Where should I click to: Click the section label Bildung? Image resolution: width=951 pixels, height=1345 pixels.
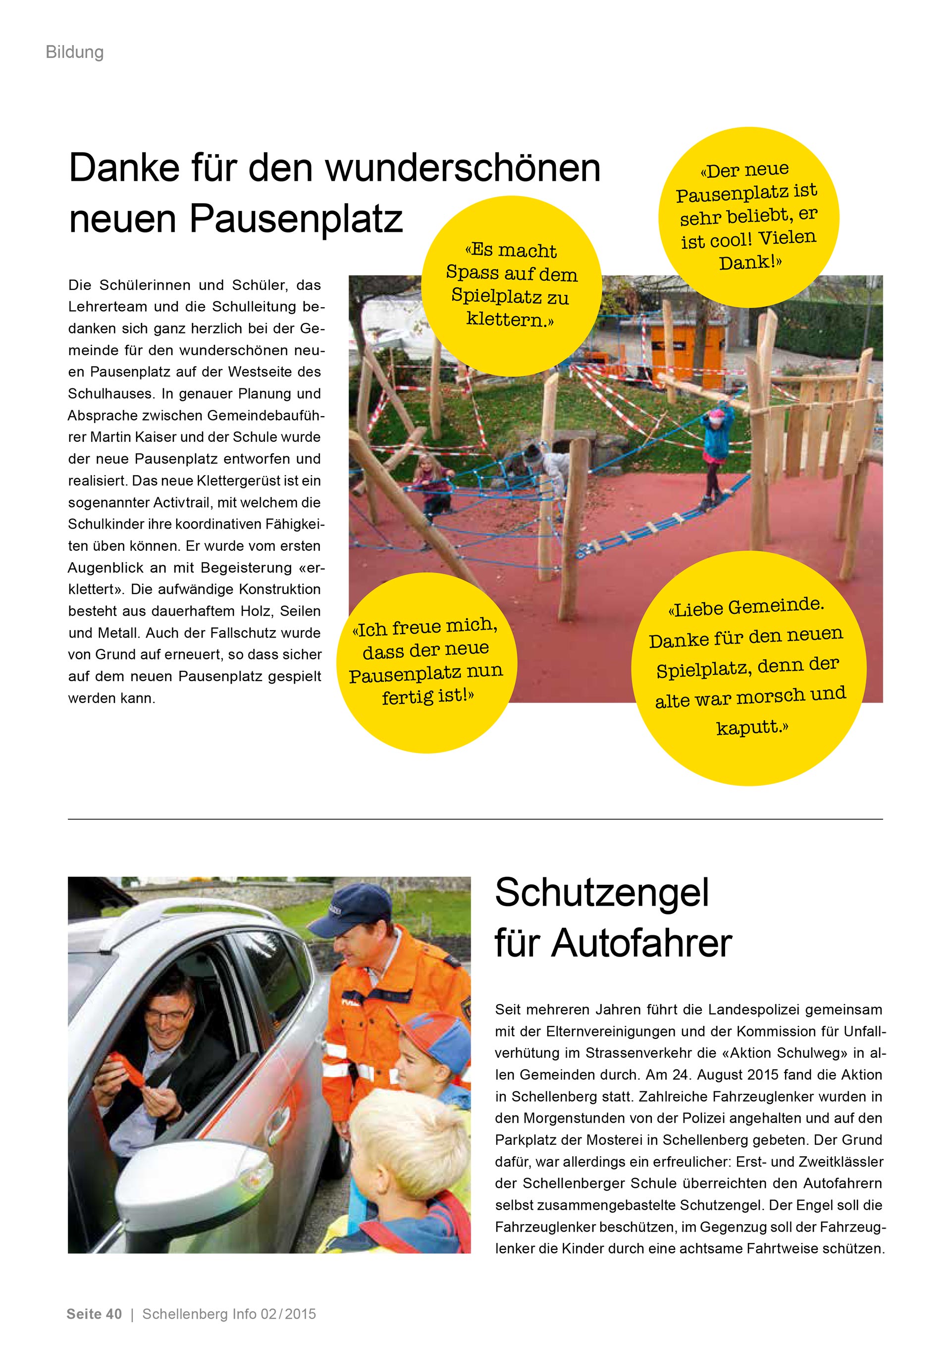[74, 52]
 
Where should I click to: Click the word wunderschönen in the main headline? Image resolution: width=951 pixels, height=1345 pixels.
[463, 168]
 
